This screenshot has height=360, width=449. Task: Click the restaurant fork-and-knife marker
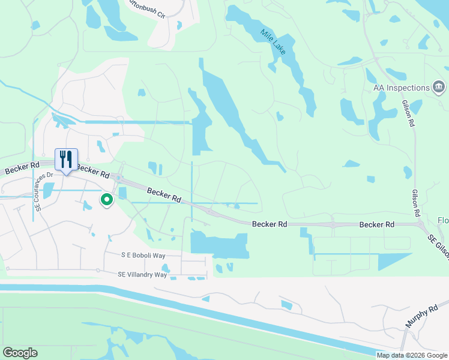coord(67,160)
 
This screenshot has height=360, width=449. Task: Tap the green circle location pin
coord(107,200)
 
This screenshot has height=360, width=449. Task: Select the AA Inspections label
coord(402,88)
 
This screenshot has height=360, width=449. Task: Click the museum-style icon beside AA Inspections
coord(439,88)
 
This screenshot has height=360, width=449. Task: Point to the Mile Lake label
coord(274,43)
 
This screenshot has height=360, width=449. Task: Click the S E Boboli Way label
coord(142,255)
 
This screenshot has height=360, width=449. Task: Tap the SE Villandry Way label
coord(142,274)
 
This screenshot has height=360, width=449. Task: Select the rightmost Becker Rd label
coord(376,224)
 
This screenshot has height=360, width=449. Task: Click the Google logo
coord(20,353)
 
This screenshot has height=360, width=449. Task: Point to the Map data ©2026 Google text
coord(411,355)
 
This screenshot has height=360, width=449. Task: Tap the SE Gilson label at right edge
coord(439,247)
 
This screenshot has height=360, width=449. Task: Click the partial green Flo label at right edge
coord(442,220)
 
